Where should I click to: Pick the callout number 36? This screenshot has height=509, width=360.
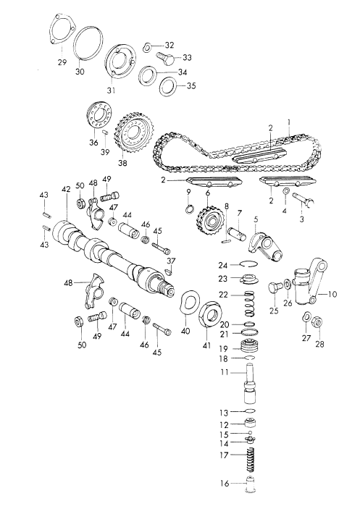pos(92,143)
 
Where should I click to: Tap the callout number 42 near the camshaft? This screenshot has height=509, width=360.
pos(66,189)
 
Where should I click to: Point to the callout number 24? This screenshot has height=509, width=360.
pos(224,264)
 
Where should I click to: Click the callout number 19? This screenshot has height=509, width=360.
pos(224,348)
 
